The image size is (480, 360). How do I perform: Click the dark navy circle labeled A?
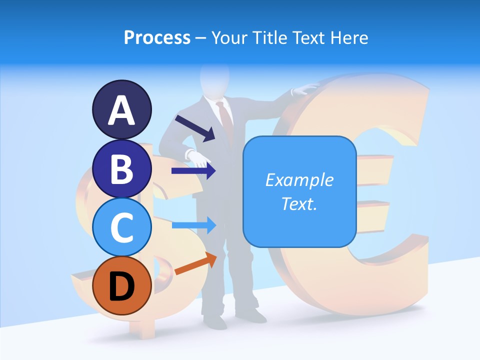(122, 109)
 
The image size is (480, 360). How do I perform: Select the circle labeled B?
(122, 168)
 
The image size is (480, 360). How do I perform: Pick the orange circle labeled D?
(122, 285)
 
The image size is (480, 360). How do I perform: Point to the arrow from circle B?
(193, 171)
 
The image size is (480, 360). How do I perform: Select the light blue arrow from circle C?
(193, 225)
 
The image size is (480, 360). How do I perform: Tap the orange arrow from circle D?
(195, 264)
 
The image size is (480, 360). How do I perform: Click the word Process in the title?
(157, 37)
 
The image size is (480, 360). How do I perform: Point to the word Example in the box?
(299, 180)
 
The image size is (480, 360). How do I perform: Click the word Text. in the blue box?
(299, 203)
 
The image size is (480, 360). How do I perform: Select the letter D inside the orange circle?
(122, 286)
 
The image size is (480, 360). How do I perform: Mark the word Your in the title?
(230, 37)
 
